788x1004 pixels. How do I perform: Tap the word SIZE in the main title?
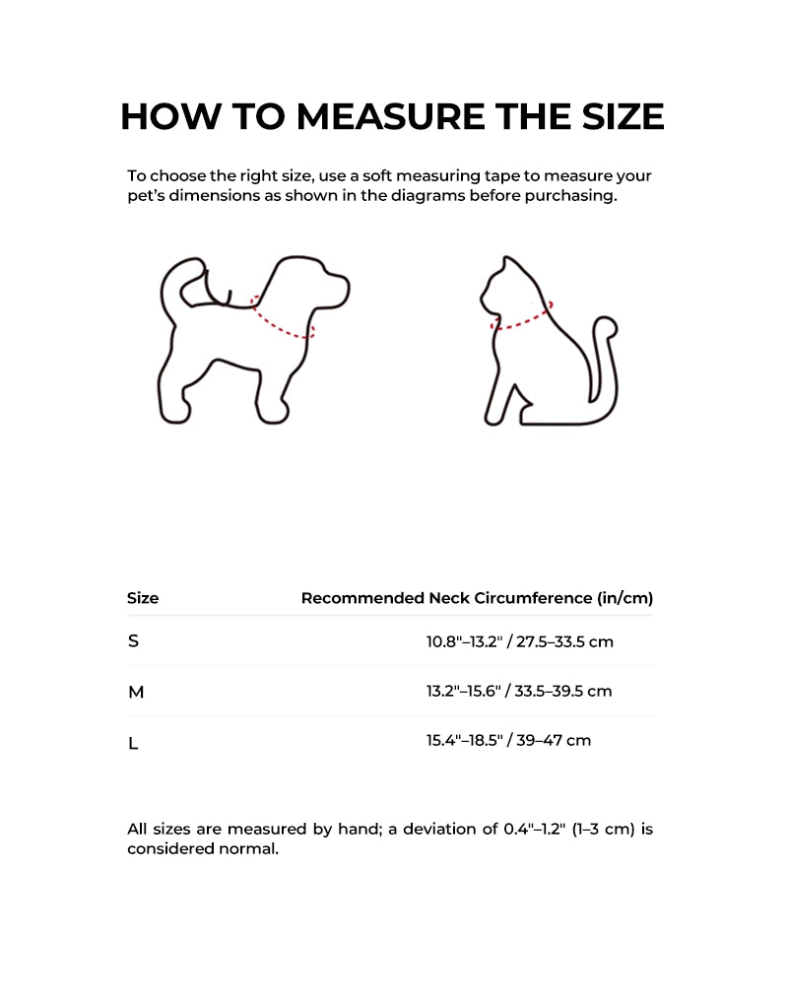tap(616, 116)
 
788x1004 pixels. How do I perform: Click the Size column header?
tap(143, 598)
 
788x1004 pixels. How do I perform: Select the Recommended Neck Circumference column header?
tap(477, 598)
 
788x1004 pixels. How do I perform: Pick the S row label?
tap(134, 641)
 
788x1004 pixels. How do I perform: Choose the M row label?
tap(136, 693)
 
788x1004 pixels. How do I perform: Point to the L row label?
tap(133, 743)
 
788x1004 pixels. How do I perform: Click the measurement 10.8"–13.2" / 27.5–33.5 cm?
tap(519, 642)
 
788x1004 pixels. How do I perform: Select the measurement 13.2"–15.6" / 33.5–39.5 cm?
tap(519, 692)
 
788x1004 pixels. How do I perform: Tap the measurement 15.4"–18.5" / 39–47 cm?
tap(508, 740)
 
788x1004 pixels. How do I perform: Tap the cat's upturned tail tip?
tap(610, 326)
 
